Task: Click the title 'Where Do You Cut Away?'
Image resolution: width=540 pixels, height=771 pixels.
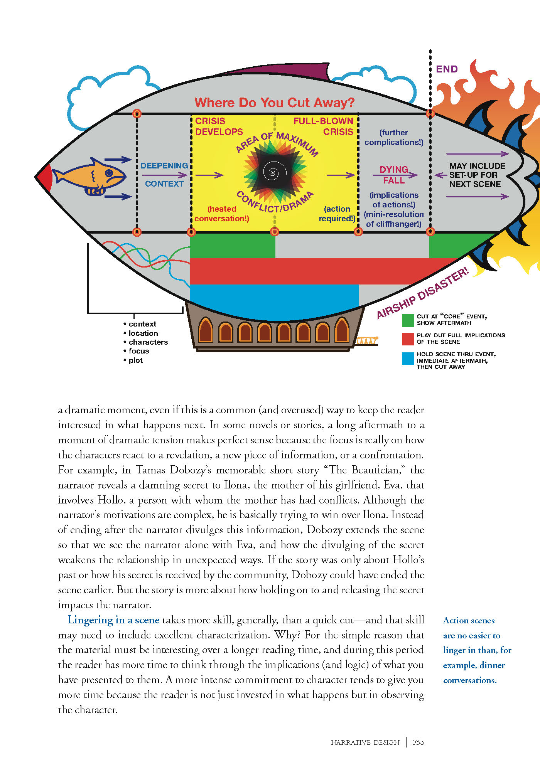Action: [274, 103]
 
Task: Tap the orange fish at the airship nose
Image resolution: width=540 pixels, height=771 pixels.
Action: [91, 176]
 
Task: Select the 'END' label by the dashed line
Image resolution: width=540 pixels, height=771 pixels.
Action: [447, 69]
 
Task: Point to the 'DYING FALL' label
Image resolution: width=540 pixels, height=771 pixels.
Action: [394, 175]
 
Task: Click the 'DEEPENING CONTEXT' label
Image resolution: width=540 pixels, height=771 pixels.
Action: [164, 175]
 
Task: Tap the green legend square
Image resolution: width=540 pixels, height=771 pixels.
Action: [408, 320]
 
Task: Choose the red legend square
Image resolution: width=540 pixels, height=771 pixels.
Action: [408, 339]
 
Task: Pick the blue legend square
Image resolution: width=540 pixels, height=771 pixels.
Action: [408, 359]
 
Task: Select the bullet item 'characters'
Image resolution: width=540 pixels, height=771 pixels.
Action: [148, 342]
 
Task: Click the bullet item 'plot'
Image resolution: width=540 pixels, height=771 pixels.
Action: [135, 360]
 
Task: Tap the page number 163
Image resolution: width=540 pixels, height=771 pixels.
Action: [418, 742]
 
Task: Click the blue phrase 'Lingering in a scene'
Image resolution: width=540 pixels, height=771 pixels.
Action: [113, 620]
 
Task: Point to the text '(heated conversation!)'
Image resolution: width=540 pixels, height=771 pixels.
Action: [222, 214]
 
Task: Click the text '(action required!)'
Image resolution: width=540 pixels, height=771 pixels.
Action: [337, 214]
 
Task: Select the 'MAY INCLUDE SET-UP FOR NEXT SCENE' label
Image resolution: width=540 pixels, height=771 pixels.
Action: [477, 175]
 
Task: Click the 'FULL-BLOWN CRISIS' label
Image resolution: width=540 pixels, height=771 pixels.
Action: [323, 126]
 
